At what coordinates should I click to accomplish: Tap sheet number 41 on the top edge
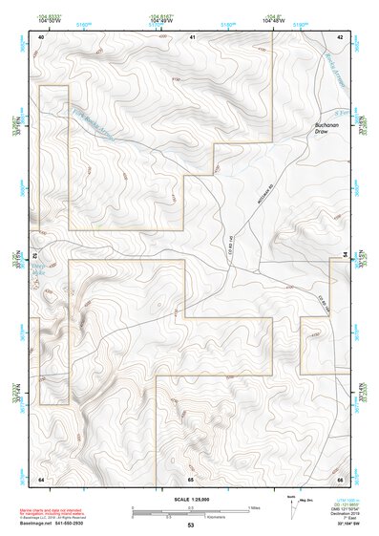coord(192,36)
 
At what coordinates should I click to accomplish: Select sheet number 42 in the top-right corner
coord(340,36)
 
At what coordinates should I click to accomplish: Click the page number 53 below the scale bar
coord(191,525)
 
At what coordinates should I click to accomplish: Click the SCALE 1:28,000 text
coord(190,500)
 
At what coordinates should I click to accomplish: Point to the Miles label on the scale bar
coord(254,507)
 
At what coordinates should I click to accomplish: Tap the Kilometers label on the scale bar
coord(224,517)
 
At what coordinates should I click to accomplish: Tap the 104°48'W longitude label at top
coord(275,19)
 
